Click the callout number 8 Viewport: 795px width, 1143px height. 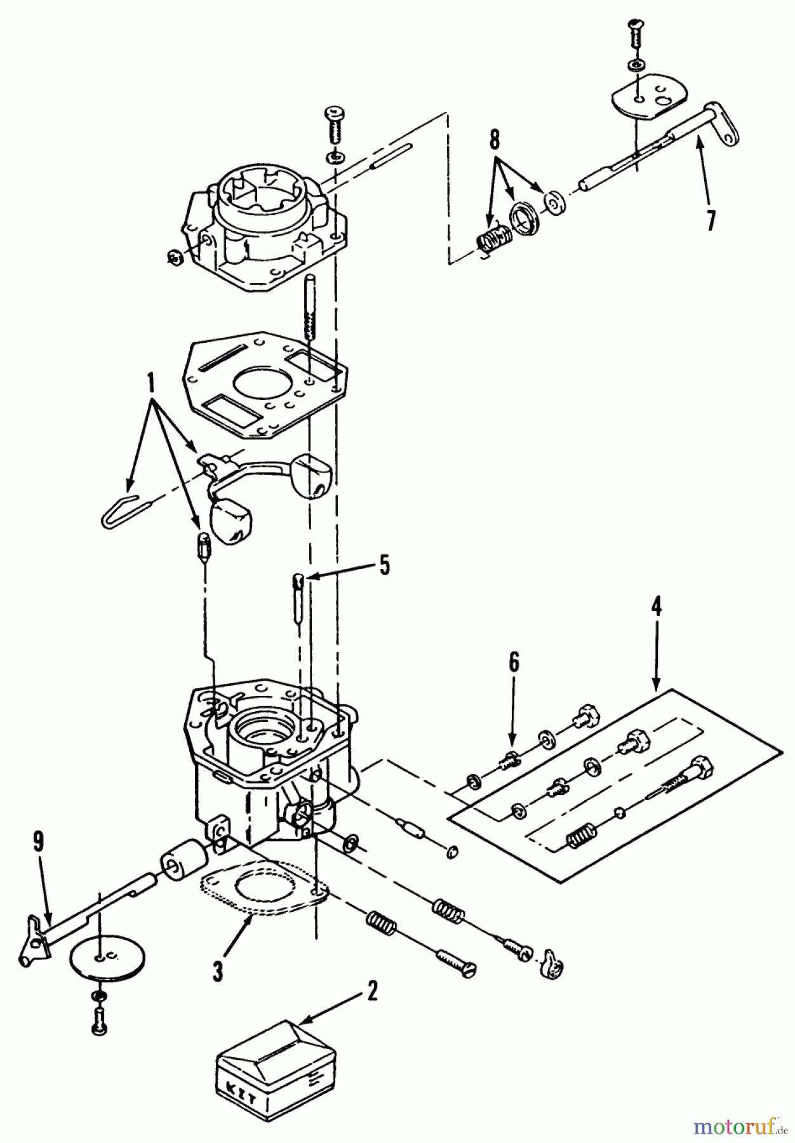click(494, 139)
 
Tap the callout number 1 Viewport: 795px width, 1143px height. click(151, 384)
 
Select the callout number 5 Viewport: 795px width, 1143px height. click(385, 565)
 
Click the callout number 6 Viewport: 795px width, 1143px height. click(513, 662)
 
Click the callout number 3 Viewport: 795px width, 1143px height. click(218, 972)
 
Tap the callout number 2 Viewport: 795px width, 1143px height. click(371, 991)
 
